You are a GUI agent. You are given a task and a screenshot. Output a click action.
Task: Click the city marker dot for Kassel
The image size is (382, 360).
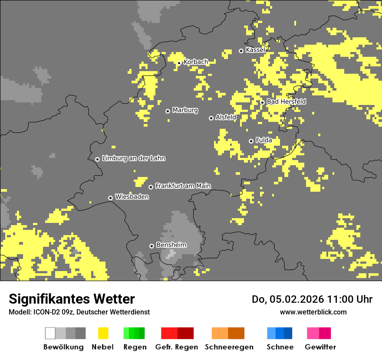pyautogui.click(x=241, y=51)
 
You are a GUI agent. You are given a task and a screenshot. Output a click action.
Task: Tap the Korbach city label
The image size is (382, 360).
pyautogui.click(x=195, y=62)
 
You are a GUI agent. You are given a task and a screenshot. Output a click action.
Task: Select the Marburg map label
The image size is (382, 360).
pyautogui.click(x=185, y=110)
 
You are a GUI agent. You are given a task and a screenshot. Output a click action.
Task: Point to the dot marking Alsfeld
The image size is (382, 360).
pyautogui.click(x=211, y=118)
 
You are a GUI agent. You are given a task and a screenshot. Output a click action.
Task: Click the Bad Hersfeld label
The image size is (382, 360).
pyautogui.click(x=286, y=101)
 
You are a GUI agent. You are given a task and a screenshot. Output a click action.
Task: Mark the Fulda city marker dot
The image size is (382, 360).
pyautogui.click(x=251, y=141)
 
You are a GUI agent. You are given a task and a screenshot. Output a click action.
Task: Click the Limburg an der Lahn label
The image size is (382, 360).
pyautogui.click(x=133, y=158)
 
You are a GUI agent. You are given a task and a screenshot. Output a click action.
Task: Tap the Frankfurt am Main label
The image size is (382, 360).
pyautogui.click(x=183, y=186)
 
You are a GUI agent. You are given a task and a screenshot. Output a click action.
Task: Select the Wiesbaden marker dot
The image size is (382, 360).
pyautogui.click(x=111, y=198)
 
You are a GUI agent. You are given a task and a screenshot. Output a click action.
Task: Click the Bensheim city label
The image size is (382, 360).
pyautogui.click(x=171, y=245)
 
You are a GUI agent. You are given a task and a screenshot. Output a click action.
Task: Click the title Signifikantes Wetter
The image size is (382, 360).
pyautogui.click(x=72, y=299)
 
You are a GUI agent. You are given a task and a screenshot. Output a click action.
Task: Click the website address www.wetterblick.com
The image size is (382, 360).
pyautogui.click(x=313, y=312)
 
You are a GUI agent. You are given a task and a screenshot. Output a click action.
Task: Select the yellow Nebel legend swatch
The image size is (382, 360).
pyautogui.click(x=103, y=333)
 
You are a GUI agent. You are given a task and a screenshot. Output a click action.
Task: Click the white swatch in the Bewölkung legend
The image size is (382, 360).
pyautogui.click(x=50, y=333)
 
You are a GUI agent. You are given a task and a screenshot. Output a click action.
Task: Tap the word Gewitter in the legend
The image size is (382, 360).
pyautogui.click(x=320, y=347)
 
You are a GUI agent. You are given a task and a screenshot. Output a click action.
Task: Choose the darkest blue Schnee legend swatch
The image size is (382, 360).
pyautogui.click(x=288, y=333)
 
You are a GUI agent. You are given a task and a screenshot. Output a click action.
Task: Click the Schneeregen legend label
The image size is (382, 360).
pyautogui.click(x=229, y=347)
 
